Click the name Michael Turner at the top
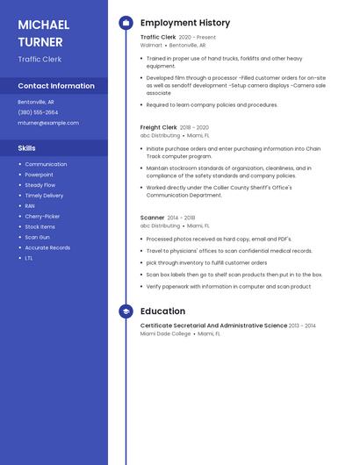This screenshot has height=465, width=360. tap(44, 33)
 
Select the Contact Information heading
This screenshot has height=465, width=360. tap(56, 86)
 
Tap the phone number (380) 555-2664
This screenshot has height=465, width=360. tap(38, 112)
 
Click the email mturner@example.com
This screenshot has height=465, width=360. tap(48, 123)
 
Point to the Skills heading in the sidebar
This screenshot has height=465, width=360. tap(26, 148)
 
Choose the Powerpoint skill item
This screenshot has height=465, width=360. tap(39, 175)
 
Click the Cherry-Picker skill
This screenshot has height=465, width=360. tap(42, 217)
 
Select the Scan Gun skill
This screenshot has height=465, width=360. tap(37, 237)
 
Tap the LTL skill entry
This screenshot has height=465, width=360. tap(29, 258)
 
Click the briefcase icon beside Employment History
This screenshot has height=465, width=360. tap(126, 23)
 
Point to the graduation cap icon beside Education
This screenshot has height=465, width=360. tap(126, 311)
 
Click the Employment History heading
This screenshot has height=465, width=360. tap(185, 23)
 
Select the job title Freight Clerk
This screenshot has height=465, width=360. tap(158, 127)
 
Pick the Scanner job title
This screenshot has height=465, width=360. tap(152, 218)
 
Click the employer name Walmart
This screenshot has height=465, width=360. tap(151, 45)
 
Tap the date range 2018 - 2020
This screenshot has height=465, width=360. tap(194, 127)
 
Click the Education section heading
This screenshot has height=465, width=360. tap(162, 311)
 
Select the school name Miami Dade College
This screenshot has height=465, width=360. tap(165, 334)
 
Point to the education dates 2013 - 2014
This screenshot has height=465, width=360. tap(302, 325)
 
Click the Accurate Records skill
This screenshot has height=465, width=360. tap(47, 247)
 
